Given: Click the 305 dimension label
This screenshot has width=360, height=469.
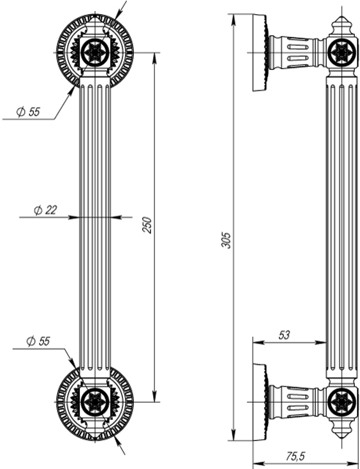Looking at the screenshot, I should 226,240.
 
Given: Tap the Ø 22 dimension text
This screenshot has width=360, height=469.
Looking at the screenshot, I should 45,210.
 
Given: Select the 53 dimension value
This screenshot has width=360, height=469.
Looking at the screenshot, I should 284,335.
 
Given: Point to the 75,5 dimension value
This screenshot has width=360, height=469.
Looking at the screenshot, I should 295,456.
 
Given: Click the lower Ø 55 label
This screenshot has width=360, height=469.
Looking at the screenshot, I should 38,341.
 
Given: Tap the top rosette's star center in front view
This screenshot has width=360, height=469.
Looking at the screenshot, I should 95,53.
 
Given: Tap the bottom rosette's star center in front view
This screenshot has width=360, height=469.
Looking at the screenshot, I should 95,402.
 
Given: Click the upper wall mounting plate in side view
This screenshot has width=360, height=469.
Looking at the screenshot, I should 259,53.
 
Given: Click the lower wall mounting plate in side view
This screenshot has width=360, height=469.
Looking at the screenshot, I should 259,402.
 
